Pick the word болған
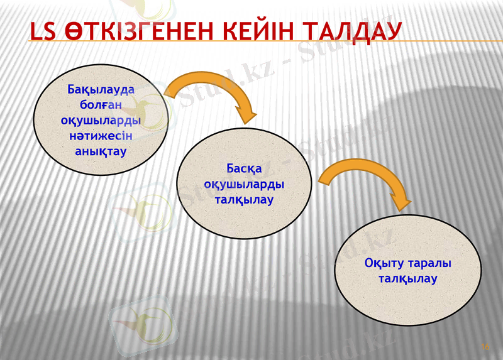pos(101,104)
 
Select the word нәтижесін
pos(101,136)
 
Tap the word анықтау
pos(101,151)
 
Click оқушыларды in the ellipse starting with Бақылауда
pos(101,120)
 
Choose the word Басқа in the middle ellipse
pos(244,168)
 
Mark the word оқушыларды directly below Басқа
pos(244,184)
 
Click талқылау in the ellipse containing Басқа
pos(244,200)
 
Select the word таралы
pos(431,263)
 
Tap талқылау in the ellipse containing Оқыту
pos(407,279)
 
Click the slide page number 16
pos(485,346)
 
